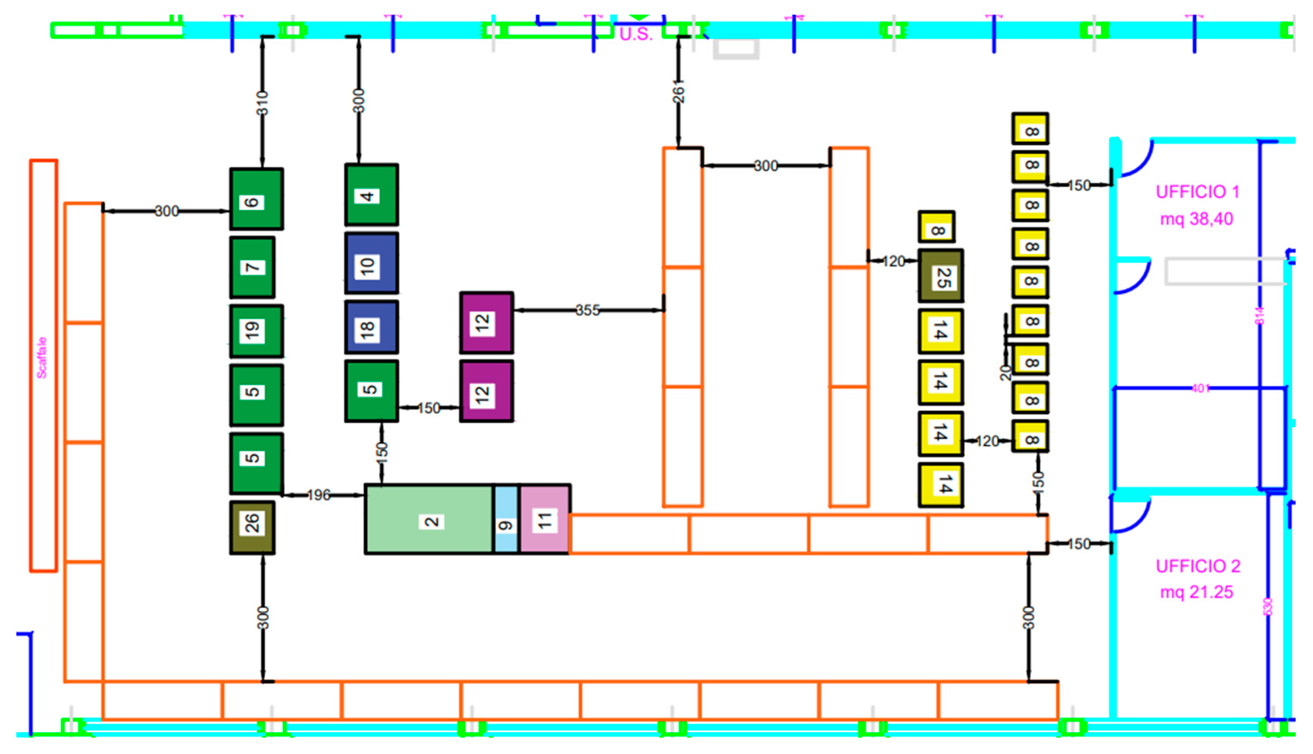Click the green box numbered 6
pos(256,199)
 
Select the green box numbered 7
pos(252,267)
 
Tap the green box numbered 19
pos(256,331)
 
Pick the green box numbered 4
pos(371,195)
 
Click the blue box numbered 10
pos(371,264)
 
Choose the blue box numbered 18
pos(371,327)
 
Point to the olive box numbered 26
pos(252,527)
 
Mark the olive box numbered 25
pos(941,276)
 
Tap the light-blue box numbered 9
pos(506,519)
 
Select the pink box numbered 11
pos(545,519)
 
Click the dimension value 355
pos(588,310)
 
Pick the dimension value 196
pos(318,495)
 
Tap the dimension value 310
pos(263,103)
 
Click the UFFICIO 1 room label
pos(1197,192)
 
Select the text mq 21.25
pos(1197,592)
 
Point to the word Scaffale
pos(42,357)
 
